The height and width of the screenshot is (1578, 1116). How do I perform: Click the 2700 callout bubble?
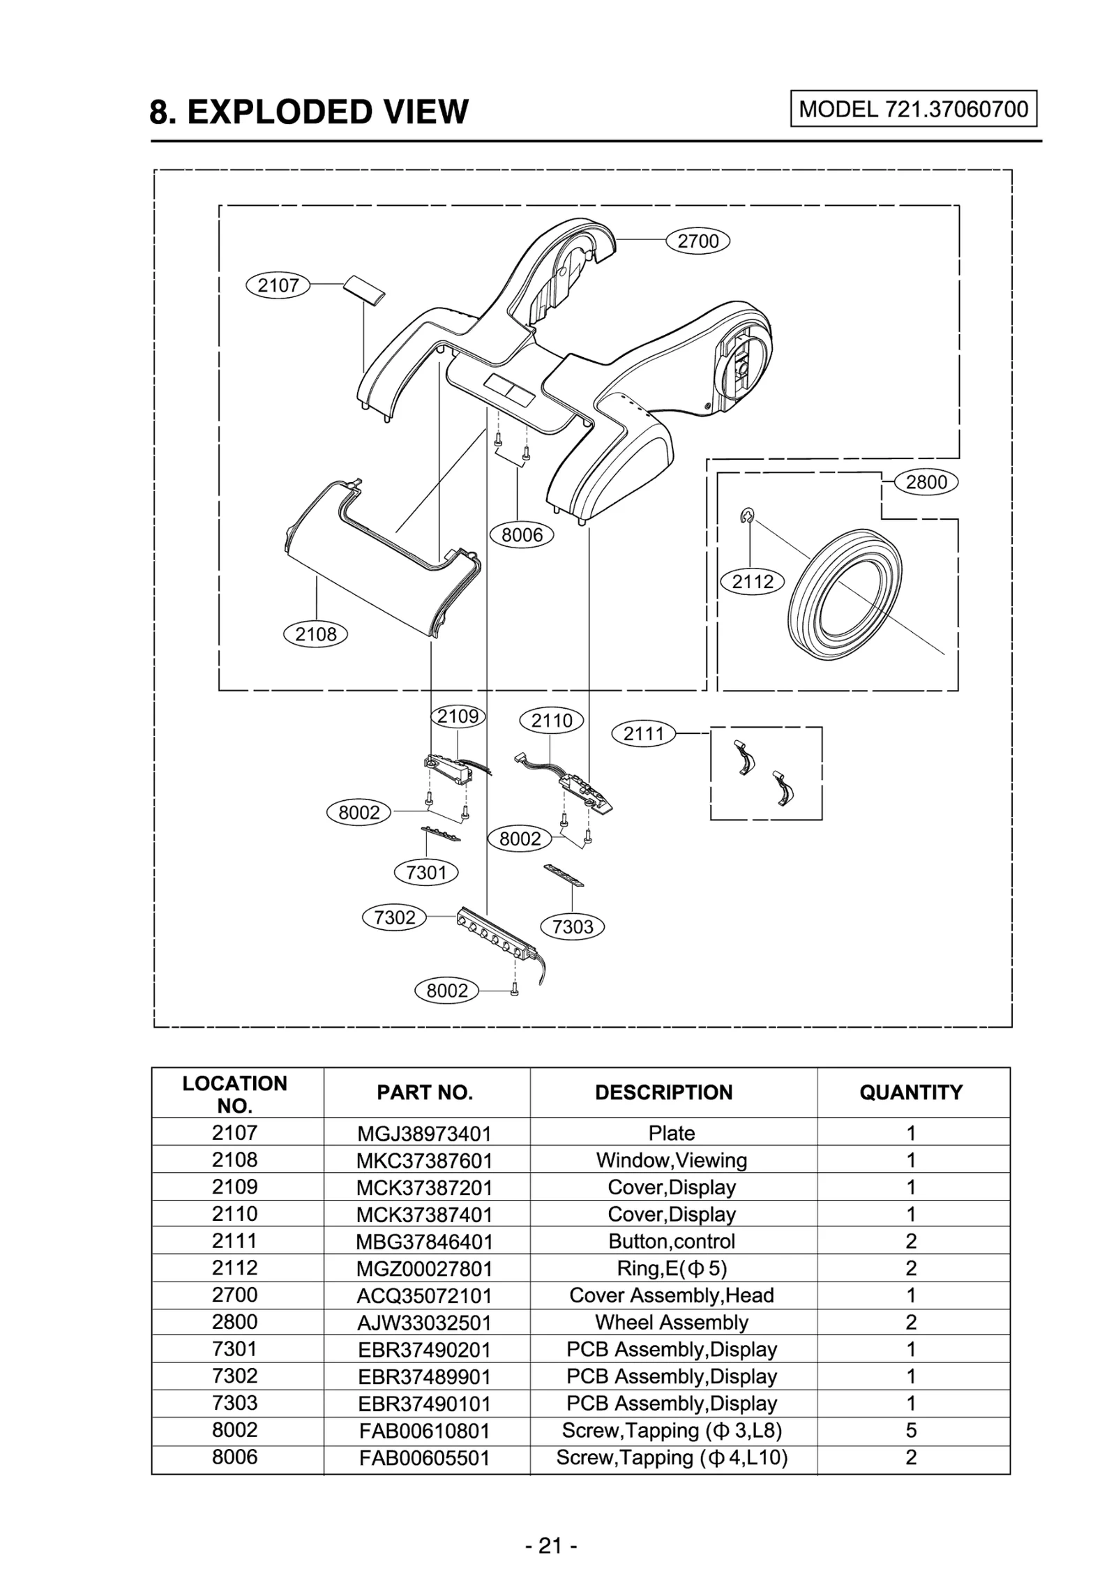pos(697,241)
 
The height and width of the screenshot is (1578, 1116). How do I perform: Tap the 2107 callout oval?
pos(278,285)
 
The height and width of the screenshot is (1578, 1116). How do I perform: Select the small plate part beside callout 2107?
pos(363,289)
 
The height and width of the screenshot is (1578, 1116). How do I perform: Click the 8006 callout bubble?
pos(521,535)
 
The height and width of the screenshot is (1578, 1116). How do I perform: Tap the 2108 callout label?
pos(315,634)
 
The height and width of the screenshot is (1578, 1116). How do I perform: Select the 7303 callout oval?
pos(572,926)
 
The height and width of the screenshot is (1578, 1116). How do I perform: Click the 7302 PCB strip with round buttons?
pos(497,933)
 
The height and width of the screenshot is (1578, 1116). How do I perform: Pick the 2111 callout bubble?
pos(643,734)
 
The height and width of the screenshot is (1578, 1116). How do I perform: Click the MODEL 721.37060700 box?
pos(913,109)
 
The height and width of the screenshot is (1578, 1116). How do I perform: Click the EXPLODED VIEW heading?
pos(309,112)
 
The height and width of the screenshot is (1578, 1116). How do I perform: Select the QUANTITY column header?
pos(910,1092)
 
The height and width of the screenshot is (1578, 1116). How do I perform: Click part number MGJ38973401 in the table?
pos(424,1134)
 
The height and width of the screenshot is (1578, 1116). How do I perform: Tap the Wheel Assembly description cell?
pos(671,1322)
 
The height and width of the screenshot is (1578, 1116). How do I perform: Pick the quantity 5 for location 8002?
pos(910,1430)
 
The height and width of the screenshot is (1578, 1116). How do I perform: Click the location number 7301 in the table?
pos(234,1348)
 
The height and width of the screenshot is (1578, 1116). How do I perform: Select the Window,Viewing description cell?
pos(671,1160)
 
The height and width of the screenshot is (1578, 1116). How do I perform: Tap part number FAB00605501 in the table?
pos(424,1458)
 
